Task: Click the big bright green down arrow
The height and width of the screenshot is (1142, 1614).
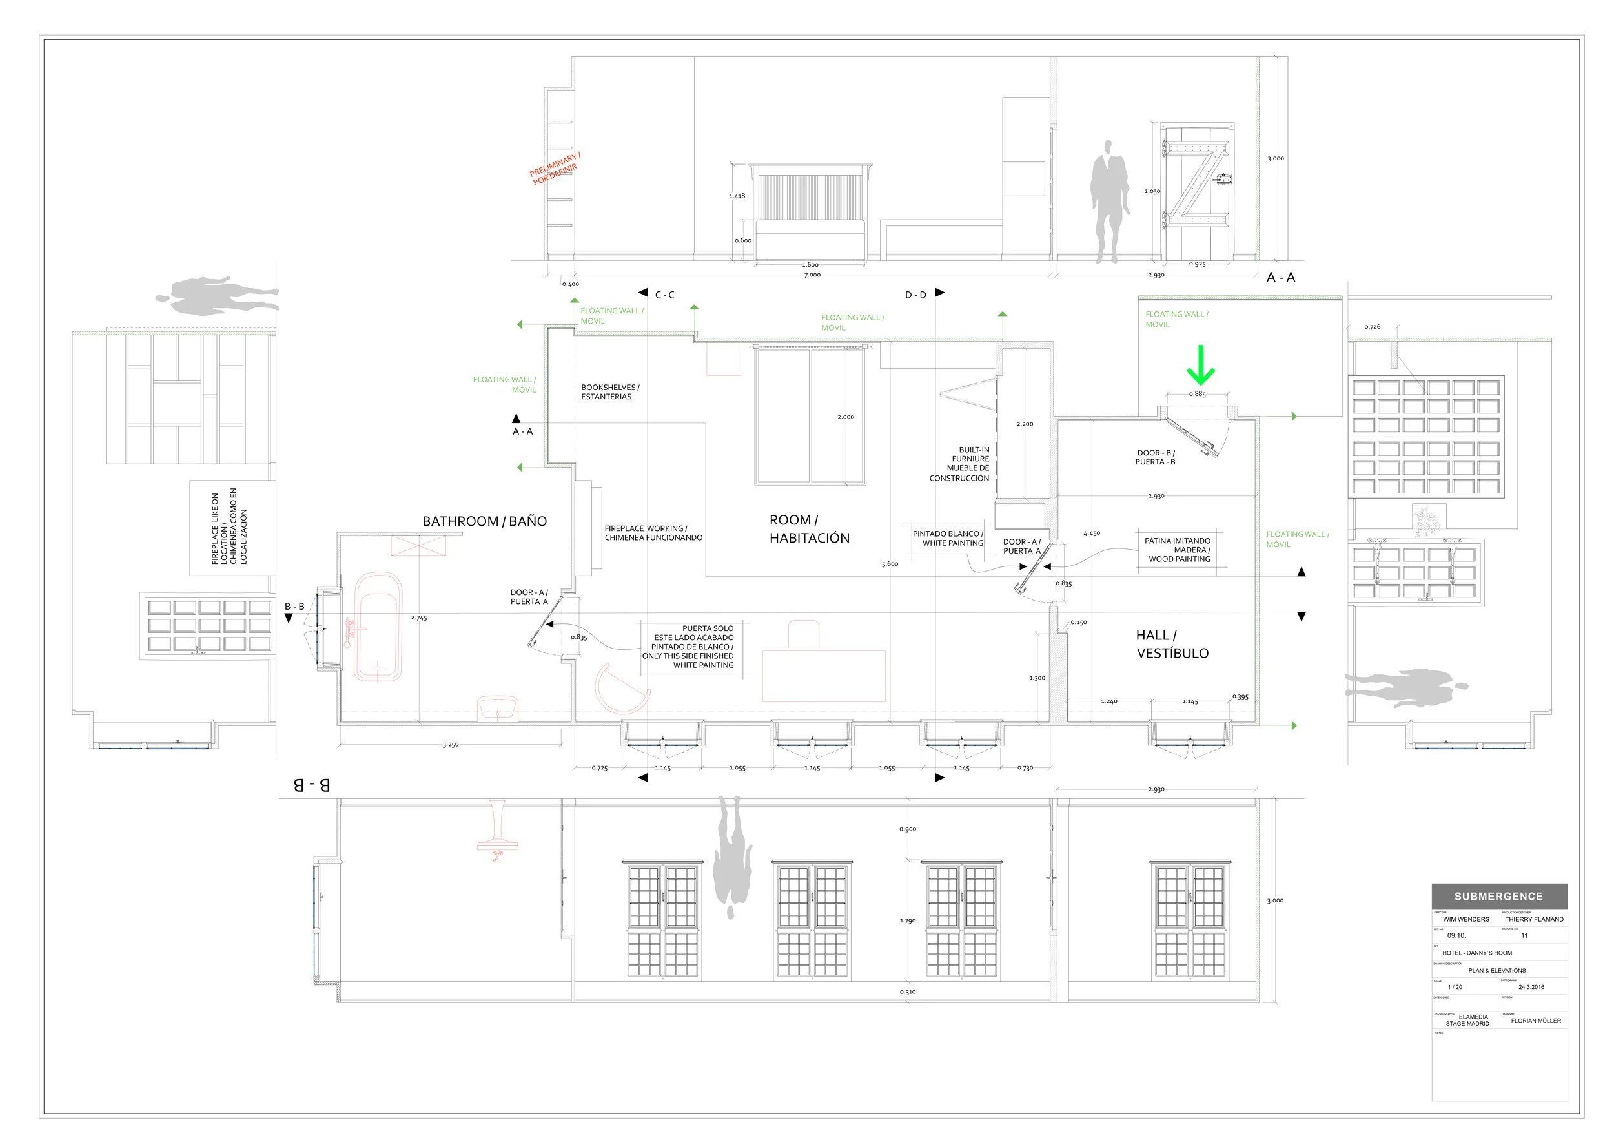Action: (1201, 366)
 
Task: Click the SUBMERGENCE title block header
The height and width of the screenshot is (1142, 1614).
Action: (1498, 897)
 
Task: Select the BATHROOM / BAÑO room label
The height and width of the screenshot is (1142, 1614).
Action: (484, 521)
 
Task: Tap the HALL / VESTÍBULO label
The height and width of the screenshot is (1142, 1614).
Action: (1172, 644)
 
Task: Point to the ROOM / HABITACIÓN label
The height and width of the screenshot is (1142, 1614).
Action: (809, 529)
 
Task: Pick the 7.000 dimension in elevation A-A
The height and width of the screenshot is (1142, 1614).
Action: (812, 275)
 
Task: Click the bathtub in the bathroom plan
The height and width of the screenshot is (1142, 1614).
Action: (378, 628)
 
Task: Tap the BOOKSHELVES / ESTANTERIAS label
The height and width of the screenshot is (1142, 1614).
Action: (609, 391)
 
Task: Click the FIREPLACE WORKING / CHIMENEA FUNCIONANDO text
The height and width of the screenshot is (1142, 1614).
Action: (653, 533)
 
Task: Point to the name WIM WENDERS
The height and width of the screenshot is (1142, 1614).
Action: (1466, 919)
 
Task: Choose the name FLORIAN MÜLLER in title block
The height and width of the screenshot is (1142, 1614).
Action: (1536, 1021)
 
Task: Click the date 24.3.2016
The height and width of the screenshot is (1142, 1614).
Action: (1531, 986)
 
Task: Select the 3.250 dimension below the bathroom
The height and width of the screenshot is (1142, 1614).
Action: (450, 745)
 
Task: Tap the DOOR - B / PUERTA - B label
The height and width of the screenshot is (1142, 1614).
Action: (1155, 457)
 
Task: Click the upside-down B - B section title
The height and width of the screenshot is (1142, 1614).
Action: (311, 785)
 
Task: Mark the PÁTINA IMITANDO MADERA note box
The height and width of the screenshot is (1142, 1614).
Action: (1179, 550)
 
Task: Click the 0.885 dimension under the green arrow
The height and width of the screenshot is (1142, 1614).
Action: (1197, 394)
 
